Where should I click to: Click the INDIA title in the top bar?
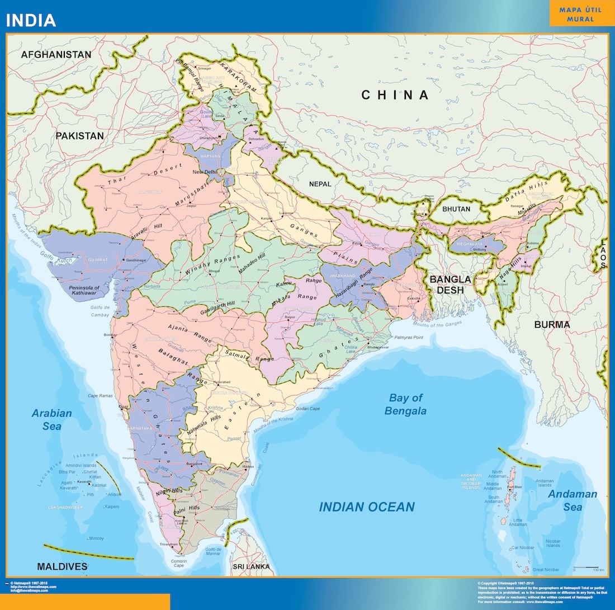[x=31, y=21]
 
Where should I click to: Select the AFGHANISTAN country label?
[x=56, y=55]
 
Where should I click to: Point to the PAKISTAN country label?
[x=79, y=136]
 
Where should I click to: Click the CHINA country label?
[x=395, y=95]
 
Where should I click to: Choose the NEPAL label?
[x=320, y=184]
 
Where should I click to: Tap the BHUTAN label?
[x=457, y=209]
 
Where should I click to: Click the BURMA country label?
[x=552, y=325]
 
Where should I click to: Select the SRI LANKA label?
[x=251, y=567]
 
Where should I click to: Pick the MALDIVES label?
[x=62, y=566]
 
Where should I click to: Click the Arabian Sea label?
[x=51, y=420]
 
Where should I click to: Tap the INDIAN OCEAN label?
[x=367, y=507]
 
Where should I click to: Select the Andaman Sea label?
[x=573, y=501]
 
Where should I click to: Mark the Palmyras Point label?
[x=414, y=338]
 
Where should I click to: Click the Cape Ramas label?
[x=100, y=396]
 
